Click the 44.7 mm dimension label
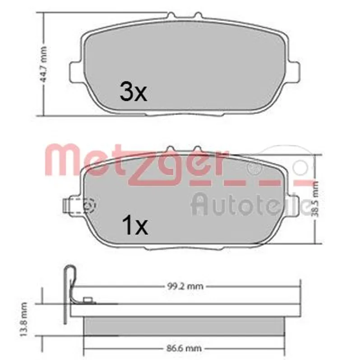coord(43,65)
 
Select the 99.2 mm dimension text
coord(185,286)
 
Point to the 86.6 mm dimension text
coord(184,348)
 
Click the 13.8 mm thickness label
coord(24,319)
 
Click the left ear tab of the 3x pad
coord(75,71)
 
